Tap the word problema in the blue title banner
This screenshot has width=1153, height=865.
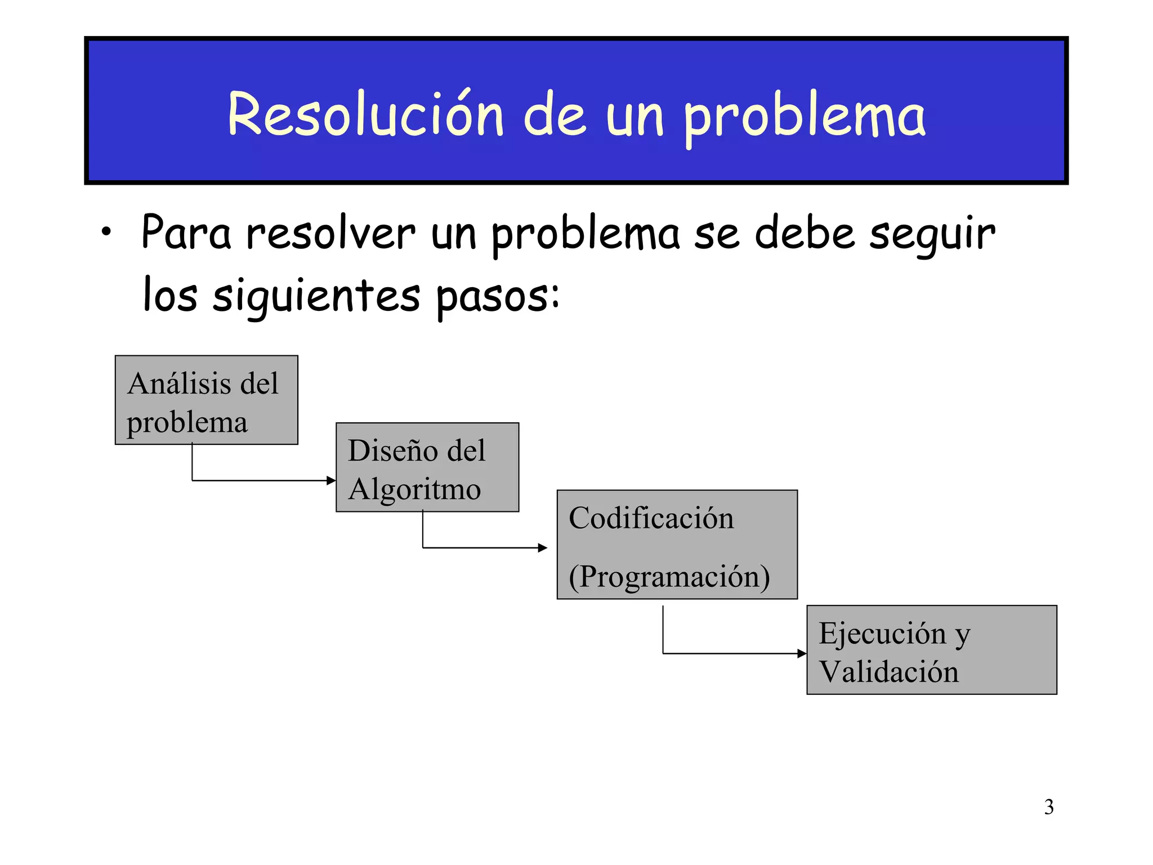pyautogui.click(x=805, y=117)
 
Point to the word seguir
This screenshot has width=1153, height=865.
pyautogui.click(x=932, y=235)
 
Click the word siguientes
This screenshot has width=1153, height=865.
pyautogui.click(x=316, y=296)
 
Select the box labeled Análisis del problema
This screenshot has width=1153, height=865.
pyautogui.click(x=206, y=400)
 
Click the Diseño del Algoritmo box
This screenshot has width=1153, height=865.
pyautogui.click(x=427, y=467)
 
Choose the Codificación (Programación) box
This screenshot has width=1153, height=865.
pyautogui.click(x=677, y=544)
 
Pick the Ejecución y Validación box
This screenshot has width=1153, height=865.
pyautogui.click(x=931, y=649)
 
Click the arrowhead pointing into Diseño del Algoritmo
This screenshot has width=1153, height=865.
pyautogui.click(x=332, y=480)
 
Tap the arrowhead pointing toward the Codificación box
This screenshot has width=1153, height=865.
pyautogui.click(x=543, y=547)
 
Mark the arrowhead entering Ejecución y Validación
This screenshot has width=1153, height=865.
pyautogui.click(x=802, y=653)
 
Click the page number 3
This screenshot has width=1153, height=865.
pyautogui.click(x=1049, y=807)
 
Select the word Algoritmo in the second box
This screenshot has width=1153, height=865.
pyautogui.click(x=414, y=489)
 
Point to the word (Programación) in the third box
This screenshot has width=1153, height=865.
pyautogui.click(x=669, y=577)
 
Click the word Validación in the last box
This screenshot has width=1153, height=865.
pyautogui.click(x=888, y=671)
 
